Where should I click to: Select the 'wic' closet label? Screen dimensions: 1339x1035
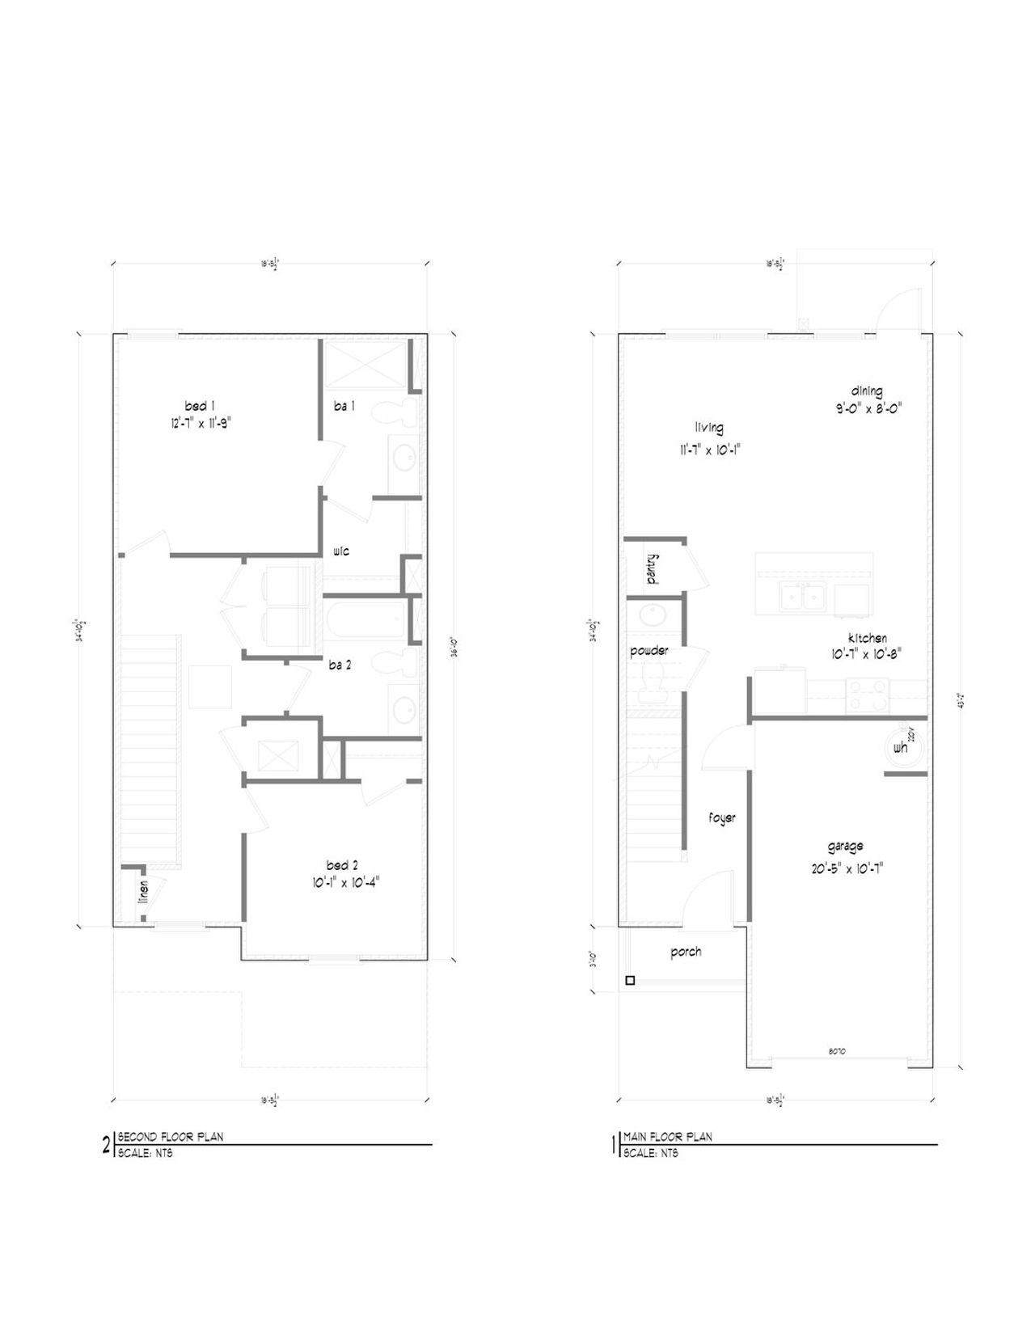pyautogui.click(x=340, y=551)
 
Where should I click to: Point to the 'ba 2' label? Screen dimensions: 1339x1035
pyautogui.click(x=340, y=665)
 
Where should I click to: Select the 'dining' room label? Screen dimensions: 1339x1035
pyautogui.click(x=866, y=391)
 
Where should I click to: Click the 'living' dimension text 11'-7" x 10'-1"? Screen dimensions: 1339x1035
pyautogui.click(x=708, y=451)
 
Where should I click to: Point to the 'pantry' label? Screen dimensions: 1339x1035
pyautogui.click(x=652, y=568)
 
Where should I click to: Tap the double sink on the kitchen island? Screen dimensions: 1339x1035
pyautogui.click(x=801, y=597)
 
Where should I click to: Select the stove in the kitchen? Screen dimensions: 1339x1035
pyautogui.click(x=867, y=696)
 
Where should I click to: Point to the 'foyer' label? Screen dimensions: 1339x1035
pyautogui.click(x=722, y=818)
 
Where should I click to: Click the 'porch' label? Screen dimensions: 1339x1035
pyautogui.click(x=686, y=952)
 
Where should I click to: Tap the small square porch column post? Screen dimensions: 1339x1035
pyautogui.click(x=630, y=981)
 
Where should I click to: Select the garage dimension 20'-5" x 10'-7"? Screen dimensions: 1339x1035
pyautogui.click(x=845, y=868)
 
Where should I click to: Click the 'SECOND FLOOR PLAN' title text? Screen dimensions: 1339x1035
pyautogui.click(x=170, y=1136)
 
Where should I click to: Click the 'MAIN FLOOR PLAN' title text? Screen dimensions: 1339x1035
pyautogui.click(x=668, y=1136)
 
